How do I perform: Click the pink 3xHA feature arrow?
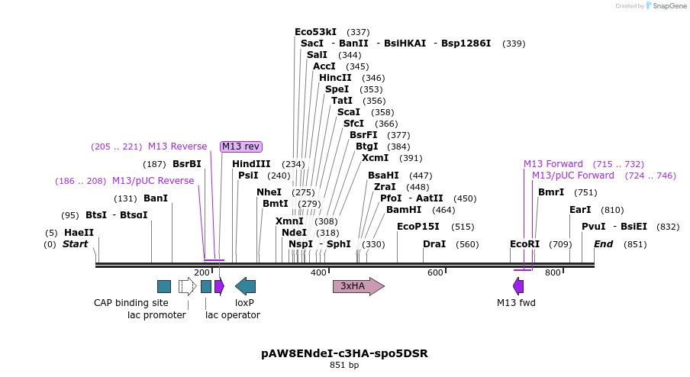[x=358, y=286]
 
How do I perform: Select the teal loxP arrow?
[x=245, y=286]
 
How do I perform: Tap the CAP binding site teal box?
[x=164, y=286]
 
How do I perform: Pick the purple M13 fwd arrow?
[x=518, y=286]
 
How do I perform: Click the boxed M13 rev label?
[x=241, y=147]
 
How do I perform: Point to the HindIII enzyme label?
[x=251, y=164]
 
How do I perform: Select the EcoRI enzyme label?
[x=524, y=244]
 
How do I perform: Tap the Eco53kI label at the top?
[x=315, y=32]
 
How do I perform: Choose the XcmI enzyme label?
[x=375, y=158]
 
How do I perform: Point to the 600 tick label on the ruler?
[x=435, y=272]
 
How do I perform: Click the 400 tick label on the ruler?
[x=318, y=272]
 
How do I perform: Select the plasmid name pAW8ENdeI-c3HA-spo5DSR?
[x=344, y=353]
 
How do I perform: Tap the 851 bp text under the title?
[x=344, y=366]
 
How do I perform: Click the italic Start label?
[x=75, y=244]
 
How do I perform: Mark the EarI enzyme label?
[x=580, y=210]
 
